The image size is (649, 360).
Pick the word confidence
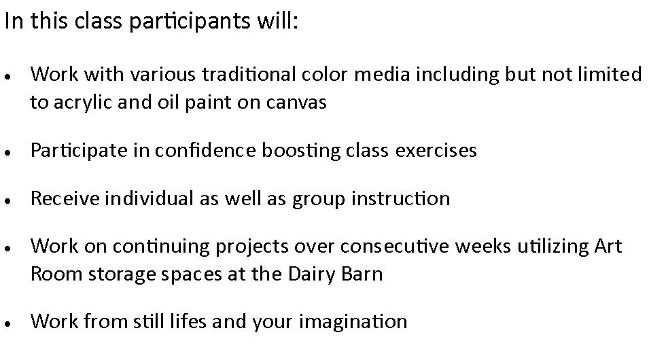[205, 150]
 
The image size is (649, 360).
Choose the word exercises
[436, 150]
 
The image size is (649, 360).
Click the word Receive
[65, 198]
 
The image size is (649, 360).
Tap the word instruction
[401, 198]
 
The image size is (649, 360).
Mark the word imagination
[353, 322]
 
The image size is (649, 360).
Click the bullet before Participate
[7, 153]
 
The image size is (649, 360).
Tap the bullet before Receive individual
[7, 200]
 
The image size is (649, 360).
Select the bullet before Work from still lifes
[7, 323]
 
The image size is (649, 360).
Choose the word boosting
[300, 151]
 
